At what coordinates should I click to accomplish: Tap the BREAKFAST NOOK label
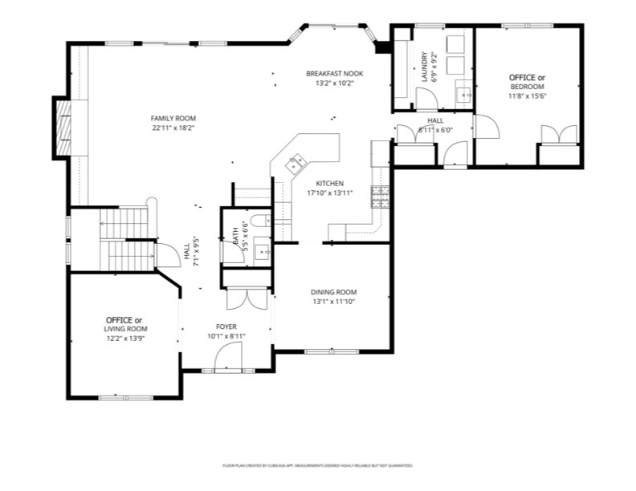point(334,73)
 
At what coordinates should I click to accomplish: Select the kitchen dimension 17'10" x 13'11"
point(329,193)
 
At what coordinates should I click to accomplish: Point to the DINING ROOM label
point(334,292)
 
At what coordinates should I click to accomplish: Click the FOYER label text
point(226,327)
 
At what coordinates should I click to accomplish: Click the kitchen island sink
point(295,163)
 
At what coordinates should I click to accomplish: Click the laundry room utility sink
point(463,95)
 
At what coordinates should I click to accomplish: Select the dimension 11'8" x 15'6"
point(527,96)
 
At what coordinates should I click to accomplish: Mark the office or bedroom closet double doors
point(559,135)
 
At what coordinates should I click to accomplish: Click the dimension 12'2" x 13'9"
point(126,339)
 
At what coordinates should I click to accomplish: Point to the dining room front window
point(332,351)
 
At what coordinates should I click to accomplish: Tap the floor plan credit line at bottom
point(317,465)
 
